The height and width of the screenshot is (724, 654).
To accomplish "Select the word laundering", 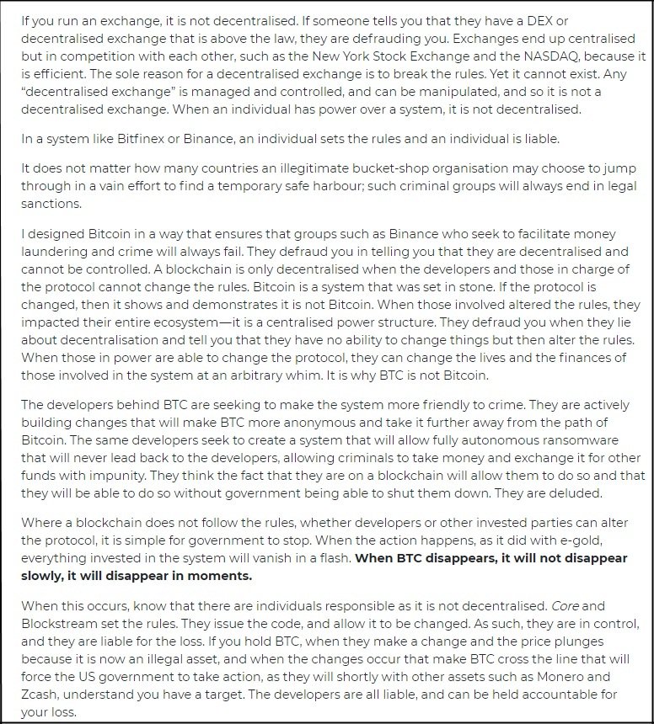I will click(54, 252).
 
